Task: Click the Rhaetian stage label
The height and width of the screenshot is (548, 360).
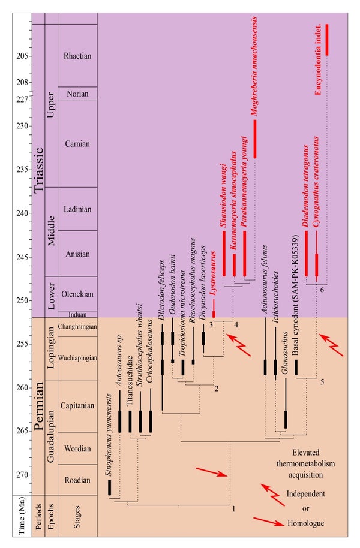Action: click(x=77, y=56)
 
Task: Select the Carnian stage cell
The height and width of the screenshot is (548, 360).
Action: click(x=77, y=143)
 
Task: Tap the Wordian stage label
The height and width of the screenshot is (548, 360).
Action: click(x=77, y=448)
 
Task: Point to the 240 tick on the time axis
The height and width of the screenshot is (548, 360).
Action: click(x=31, y=213)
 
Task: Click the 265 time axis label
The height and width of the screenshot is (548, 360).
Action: click(x=22, y=431)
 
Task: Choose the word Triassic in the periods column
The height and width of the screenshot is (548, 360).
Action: click(x=38, y=170)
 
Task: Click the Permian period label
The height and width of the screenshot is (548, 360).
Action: click(x=38, y=406)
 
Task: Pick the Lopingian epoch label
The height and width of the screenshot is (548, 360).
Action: click(x=51, y=347)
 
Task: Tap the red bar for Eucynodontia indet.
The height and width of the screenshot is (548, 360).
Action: click(x=327, y=40)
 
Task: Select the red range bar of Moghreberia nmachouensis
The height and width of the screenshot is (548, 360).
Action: click(x=255, y=138)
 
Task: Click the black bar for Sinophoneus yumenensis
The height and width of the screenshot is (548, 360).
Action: click(x=110, y=487)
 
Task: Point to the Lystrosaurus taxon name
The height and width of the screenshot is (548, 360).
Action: click(x=214, y=273)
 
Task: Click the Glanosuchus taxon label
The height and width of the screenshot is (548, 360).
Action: click(x=286, y=353)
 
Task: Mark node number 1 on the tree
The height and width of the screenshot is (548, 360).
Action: click(x=234, y=509)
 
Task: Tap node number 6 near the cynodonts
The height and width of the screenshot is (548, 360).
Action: click(x=322, y=290)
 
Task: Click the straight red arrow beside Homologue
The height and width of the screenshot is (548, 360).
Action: click(x=268, y=522)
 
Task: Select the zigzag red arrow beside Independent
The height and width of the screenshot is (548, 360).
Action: click(x=273, y=495)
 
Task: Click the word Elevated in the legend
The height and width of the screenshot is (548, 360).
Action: click(x=306, y=453)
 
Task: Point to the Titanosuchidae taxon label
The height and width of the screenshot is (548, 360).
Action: click(x=130, y=381)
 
